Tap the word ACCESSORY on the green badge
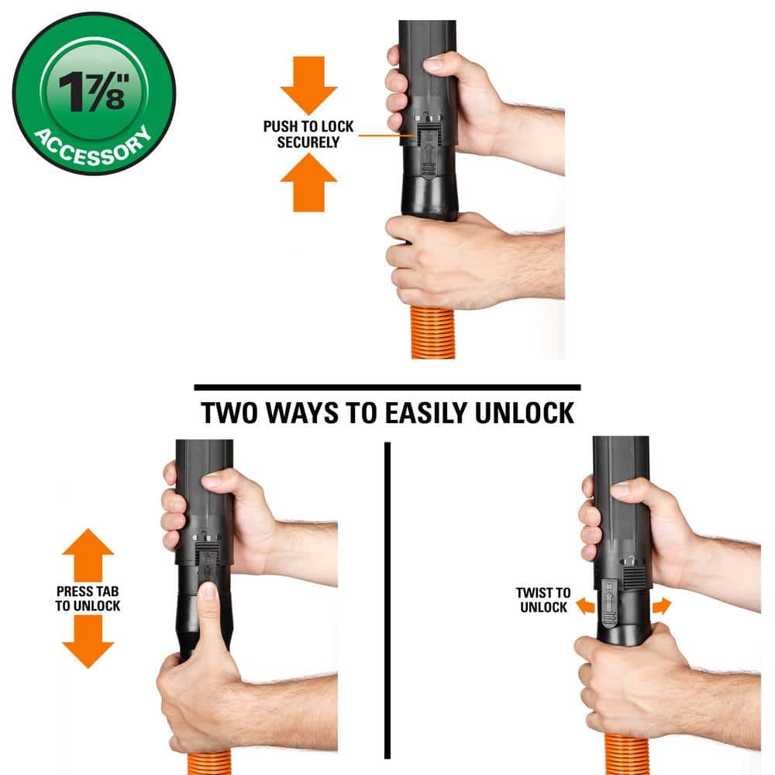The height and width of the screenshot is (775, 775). (92, 148)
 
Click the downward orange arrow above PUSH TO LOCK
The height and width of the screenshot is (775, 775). (309, 85)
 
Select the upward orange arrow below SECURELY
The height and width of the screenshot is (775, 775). (309, 182)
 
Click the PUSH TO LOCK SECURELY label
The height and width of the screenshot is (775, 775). (308, 134)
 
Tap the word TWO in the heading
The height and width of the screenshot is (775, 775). (229, 413)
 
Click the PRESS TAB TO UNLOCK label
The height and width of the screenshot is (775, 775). (88, 598)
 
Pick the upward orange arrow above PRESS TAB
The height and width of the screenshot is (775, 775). (88, 555)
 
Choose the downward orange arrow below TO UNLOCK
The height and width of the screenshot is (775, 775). (88, 642)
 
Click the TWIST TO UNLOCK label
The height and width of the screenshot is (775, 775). (543, 600)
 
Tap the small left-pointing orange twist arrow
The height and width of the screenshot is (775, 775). (586, 605)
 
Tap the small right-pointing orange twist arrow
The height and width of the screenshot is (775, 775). (662, 605)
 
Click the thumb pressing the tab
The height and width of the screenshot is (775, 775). (208, 618)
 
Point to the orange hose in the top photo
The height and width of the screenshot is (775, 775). (433, 332)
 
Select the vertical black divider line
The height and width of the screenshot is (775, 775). (387, 600)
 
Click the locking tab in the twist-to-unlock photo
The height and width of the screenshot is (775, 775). (609, 602)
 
